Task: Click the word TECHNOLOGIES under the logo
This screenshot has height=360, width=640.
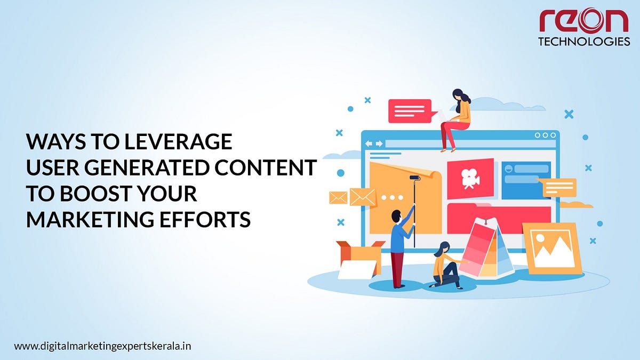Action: point(584,42)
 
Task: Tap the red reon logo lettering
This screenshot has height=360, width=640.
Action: point(584,20)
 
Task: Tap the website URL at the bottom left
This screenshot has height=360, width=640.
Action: point(102,346)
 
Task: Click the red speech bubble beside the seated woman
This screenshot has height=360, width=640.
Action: point(409,111)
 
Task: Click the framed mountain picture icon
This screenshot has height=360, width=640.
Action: point(551,248)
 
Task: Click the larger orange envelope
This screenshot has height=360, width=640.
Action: point(363,197)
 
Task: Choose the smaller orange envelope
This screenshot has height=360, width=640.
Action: point(338,197)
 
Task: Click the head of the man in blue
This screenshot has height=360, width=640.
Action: point(396,216)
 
